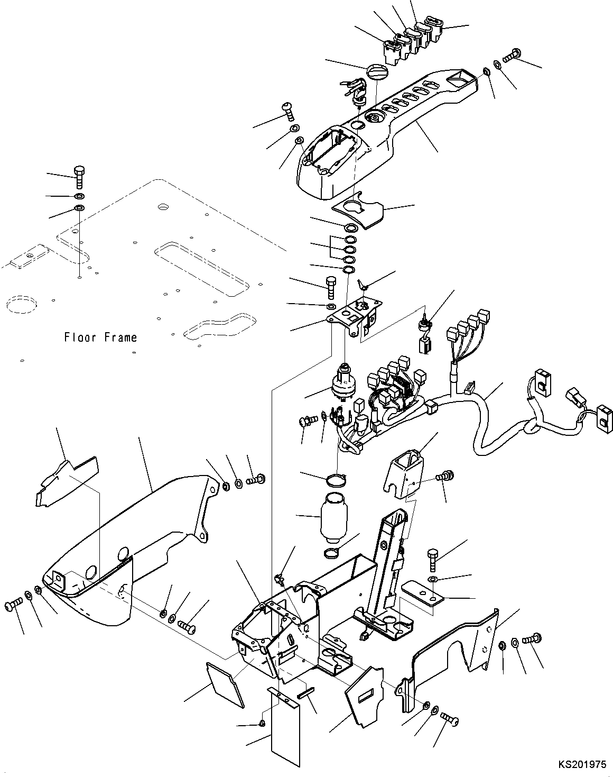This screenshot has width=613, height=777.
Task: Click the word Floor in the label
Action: [x=80, y=337]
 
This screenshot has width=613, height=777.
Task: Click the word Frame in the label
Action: [x=121, y=337]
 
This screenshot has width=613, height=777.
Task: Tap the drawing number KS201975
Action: [x=582, y=764]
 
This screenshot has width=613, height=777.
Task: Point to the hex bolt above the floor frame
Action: [x=79, y=177]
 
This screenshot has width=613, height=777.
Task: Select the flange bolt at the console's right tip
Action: [x=512, y=54]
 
